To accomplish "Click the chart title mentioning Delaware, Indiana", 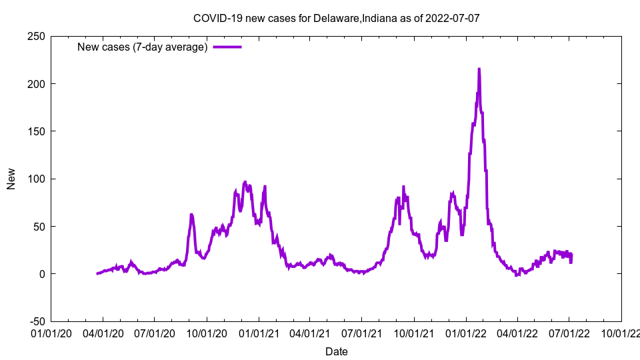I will [x=336, y=18].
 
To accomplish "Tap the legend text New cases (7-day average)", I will [x=143, y=47].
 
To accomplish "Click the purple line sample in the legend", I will [x=227, y=47].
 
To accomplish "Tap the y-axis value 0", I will [x=41, y=274].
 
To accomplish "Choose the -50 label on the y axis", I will [x=37, y=321].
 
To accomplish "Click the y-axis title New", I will [x=11, y=179].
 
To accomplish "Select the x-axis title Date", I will [x=336, y=351].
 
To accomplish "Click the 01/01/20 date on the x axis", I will [x=51, y=331].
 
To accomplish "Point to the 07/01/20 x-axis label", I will [x=154, y=331].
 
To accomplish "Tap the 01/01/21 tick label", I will [x=259, y=331].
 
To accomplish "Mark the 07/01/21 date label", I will [x=361, y=331].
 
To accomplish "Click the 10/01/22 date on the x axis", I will [x=621, y=331].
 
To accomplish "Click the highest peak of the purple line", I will [x=479, y=69].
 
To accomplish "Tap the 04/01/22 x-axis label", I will [x=517, y=331].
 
